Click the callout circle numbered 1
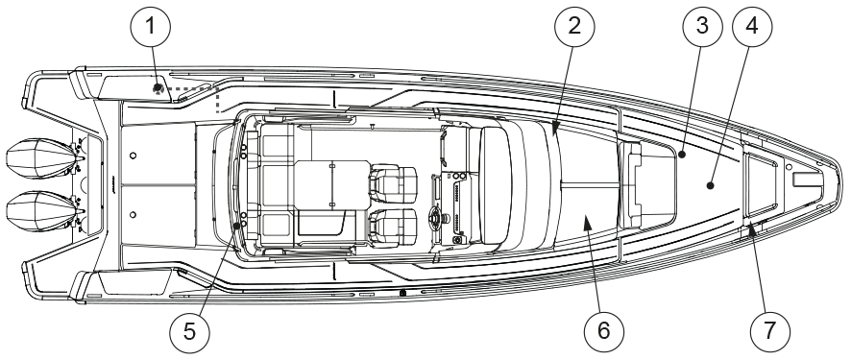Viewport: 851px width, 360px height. [151, 26]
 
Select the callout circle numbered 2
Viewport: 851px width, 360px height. [574, 26]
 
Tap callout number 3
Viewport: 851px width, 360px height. [703, 26]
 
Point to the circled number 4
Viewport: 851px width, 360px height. [752, 26]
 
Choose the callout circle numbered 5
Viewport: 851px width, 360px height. [189, 331]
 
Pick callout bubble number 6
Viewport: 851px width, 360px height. [604, 331]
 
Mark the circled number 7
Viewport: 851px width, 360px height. [769, 331]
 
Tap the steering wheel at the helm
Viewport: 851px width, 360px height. [436, 218]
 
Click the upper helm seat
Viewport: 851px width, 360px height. [394, 182]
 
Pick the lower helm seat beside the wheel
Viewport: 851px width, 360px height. [394, 228]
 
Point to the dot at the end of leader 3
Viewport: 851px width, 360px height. [683, 155]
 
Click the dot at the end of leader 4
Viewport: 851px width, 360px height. [710, 186]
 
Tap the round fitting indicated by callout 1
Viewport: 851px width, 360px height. [158, 87]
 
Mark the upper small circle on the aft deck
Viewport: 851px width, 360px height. [134, 156]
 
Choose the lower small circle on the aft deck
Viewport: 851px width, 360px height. [134, 215]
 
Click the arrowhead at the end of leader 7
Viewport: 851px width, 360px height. [752, 231]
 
